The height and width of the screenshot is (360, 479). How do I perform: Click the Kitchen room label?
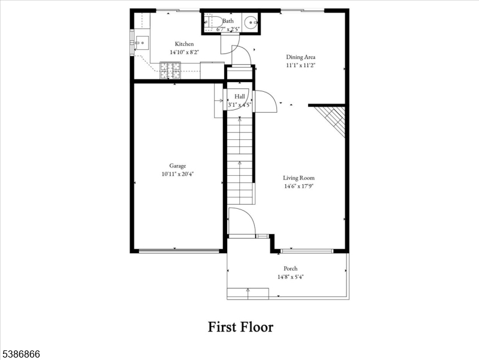click(x=184, y=44)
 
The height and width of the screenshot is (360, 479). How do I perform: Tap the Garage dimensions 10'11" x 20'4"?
click(x=177, y=174)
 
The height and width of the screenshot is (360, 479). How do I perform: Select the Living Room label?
click(x=299, y=178)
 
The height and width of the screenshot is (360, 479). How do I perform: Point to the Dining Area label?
click(x=300, y=57)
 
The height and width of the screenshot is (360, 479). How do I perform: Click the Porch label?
click(x=290, y=268)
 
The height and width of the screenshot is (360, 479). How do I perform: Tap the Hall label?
click(x=240, y=96)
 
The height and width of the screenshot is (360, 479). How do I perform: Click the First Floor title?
click(x=240, y=327)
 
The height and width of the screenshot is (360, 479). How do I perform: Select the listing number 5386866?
click(x=20, y=355)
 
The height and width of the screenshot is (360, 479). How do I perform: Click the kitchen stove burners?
click(x=170, y=73)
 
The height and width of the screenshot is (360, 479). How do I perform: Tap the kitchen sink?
click(x=141, y=43)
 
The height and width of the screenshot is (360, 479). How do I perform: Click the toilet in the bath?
click(x=209, y=23)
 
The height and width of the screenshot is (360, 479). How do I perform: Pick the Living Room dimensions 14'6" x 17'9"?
click(x=299, y=186)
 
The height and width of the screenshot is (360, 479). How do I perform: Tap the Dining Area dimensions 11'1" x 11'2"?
click(x=300, y=65)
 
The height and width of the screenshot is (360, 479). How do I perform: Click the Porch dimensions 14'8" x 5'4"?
click(x=290, y=277)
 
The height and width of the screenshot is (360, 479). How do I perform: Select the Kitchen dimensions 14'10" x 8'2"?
click(x=184, y=52)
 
